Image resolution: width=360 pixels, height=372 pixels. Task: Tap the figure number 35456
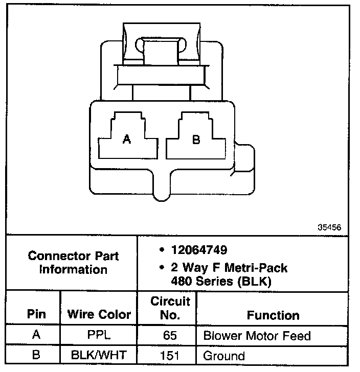329,228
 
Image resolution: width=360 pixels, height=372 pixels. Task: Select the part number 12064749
199,250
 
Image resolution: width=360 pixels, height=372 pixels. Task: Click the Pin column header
36,315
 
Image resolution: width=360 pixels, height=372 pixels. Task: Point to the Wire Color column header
99,315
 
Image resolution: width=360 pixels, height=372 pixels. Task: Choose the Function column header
273,315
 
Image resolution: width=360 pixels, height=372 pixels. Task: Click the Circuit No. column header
170,308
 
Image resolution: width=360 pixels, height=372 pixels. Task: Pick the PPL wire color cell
99,336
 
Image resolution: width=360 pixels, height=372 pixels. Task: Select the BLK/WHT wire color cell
99,356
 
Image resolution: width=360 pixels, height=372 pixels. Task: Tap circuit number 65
170,336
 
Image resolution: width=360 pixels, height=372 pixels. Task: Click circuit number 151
170,356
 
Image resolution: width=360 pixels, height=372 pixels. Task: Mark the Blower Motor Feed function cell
257,336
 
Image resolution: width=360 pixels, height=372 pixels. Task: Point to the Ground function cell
224,356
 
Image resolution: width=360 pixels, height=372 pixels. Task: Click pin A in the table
36,336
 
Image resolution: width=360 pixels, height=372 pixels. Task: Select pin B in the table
36,356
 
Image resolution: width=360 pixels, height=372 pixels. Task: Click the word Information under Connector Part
74,269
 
